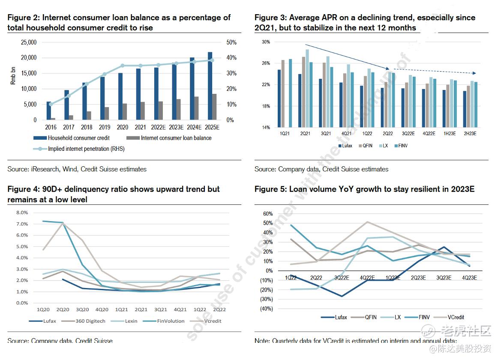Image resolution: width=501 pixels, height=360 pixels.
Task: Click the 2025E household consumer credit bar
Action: (x=210, y=86)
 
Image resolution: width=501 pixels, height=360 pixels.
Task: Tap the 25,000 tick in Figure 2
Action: (x=29, y=42)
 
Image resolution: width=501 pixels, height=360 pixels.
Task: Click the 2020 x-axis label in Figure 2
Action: (x=123, y=127)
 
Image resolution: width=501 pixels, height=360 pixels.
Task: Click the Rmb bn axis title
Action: (x=13, y=76)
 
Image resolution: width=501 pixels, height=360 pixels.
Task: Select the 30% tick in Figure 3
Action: (x=266, y=42)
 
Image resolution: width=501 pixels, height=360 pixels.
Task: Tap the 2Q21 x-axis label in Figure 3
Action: (x=305, y=134)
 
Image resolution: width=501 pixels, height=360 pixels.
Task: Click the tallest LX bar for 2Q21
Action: (x=307, y=88)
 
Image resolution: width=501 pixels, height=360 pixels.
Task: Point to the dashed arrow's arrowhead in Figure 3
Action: (x=474, y=73)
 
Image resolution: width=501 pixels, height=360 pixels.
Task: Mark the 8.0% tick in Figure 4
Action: (x=22, y=213)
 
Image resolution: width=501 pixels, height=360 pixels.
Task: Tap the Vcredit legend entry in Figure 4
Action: (x=212, y=321)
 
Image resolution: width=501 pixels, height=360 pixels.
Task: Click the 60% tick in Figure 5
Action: (x=267, y=214)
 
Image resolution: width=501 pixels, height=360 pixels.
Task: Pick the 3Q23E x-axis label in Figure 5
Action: (x=444, y=277)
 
